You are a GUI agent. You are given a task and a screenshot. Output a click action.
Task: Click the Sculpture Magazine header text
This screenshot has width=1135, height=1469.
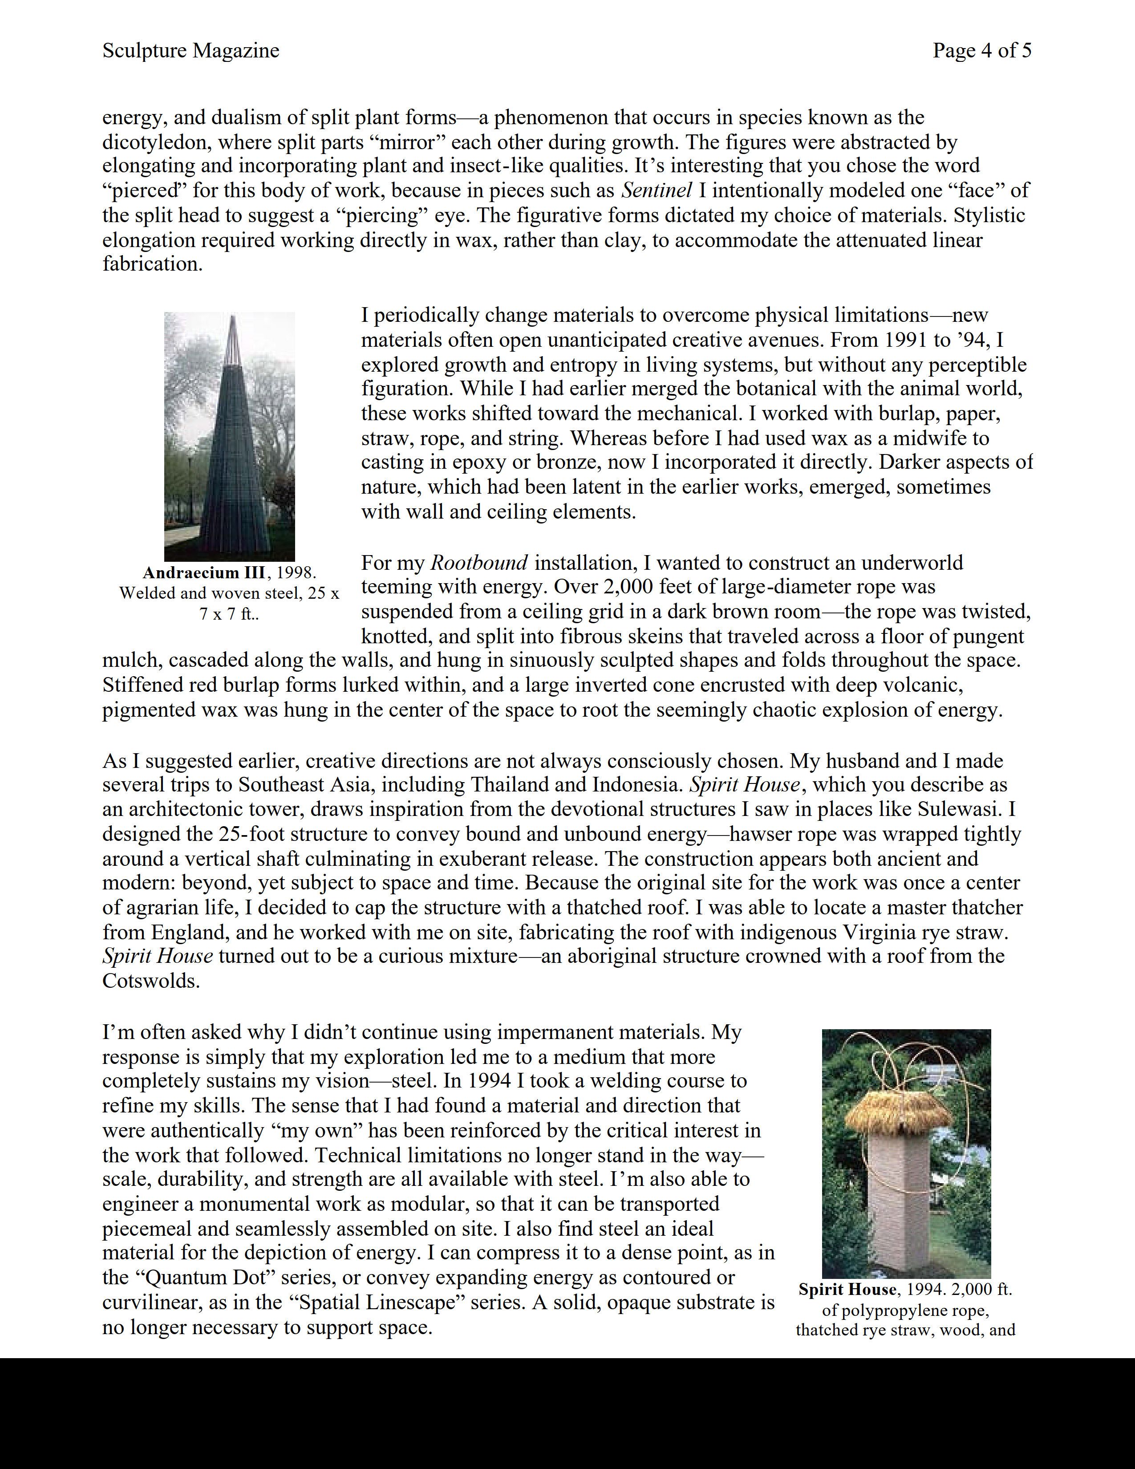pos(191,50)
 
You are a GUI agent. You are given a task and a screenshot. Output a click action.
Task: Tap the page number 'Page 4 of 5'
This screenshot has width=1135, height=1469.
pos(982,50)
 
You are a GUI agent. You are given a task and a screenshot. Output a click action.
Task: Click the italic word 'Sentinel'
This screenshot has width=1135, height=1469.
pos(656,191)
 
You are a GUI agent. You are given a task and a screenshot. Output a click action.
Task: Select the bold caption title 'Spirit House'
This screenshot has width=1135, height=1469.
pos(847,1290)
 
